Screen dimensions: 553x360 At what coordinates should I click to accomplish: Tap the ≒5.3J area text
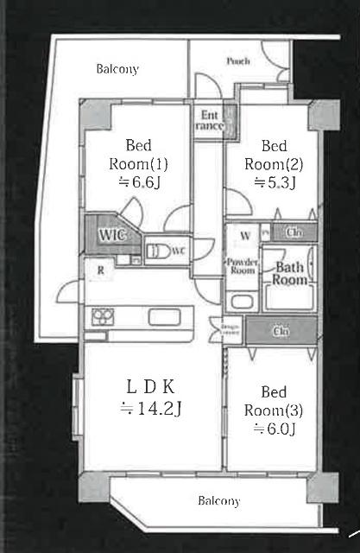(x=275, y=182)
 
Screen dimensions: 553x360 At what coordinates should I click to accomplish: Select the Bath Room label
(x=290, y=273)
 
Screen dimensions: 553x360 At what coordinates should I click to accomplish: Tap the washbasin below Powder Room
(x=241, y=302)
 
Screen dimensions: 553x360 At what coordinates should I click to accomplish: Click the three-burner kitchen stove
(x=103, y=316)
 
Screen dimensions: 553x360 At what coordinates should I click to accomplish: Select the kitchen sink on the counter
(x=162, y=316)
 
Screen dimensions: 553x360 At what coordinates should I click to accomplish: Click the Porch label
(x=238, y=61)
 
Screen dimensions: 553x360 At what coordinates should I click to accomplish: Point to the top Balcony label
(x=117, y=69)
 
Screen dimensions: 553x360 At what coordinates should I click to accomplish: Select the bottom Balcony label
(x=218, y=501)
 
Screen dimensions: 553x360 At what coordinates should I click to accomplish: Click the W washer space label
(x=245, y=234)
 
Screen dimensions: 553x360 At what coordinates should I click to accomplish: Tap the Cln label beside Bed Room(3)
(x=281, y=330)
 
